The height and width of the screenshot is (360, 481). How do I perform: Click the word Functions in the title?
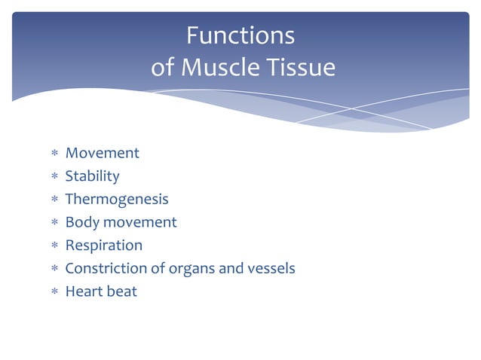coord(240,35)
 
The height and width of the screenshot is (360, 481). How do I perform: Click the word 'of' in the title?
coord(163,68)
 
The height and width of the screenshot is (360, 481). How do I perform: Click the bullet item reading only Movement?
coord(102,153)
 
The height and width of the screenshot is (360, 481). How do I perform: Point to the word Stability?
coord(92,176)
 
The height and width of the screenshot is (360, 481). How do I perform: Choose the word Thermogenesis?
coord(117,199)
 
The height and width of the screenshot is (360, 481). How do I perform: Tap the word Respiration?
coord(103,245)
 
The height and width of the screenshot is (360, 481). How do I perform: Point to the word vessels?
coord(269,268)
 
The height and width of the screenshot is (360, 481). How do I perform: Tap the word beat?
coord(122,291)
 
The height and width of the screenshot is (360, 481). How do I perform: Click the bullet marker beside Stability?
coord(54,177)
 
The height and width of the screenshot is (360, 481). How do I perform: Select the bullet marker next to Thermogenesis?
coord(54,200)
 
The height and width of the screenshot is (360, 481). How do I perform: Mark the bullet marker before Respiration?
coord(54,246)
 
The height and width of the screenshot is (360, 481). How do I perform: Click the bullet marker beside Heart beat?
coord(54,291)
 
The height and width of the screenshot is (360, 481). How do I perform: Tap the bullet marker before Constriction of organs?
coord(54,269)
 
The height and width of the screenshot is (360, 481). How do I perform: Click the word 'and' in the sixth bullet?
coord(228,268)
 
